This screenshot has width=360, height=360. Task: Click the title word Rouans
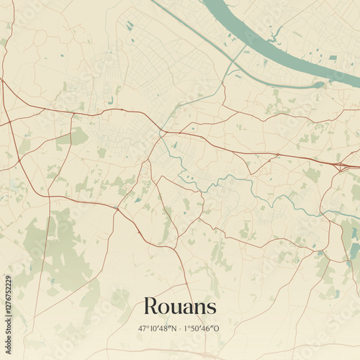tap(180, 306)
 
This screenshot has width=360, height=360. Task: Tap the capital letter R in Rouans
tap(150, 306)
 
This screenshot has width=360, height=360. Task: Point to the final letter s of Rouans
tap(211, 308)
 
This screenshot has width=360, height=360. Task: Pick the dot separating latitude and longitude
tap(180, 328)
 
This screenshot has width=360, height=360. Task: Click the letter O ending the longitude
tap(219, 328)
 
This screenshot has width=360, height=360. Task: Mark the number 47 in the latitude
tap(143, 328)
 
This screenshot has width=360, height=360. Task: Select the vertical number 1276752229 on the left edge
tap(8, 300)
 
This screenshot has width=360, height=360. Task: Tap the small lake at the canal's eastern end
tap(318, 85)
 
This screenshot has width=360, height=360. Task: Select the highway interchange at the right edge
tap(341, 166)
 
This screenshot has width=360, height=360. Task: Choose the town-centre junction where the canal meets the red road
tap(163, 134)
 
